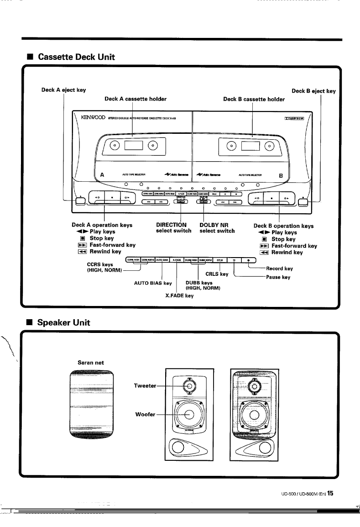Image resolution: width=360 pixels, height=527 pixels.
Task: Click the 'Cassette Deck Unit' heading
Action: (x=76, y=57)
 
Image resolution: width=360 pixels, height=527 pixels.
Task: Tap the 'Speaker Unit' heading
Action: (x=64, y=322)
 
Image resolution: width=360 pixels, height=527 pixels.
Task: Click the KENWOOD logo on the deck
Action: (x=93, y=118)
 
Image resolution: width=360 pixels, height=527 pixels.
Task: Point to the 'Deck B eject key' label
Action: (x=313, y=91)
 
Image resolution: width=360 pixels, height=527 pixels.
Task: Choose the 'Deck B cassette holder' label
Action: (x=254, y=99)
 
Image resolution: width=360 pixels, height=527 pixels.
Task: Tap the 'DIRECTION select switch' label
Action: (x=172, y=227)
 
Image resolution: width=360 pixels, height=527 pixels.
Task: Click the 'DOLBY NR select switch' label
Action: (x=217, y=227)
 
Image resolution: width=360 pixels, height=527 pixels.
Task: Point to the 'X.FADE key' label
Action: (x=179, y=295)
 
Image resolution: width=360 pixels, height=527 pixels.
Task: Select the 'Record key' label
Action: (x=279, y=269)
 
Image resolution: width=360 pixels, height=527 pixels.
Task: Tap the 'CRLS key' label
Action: (x=217, y=274)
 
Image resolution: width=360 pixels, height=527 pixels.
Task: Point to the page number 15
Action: (x=330, y=493)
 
